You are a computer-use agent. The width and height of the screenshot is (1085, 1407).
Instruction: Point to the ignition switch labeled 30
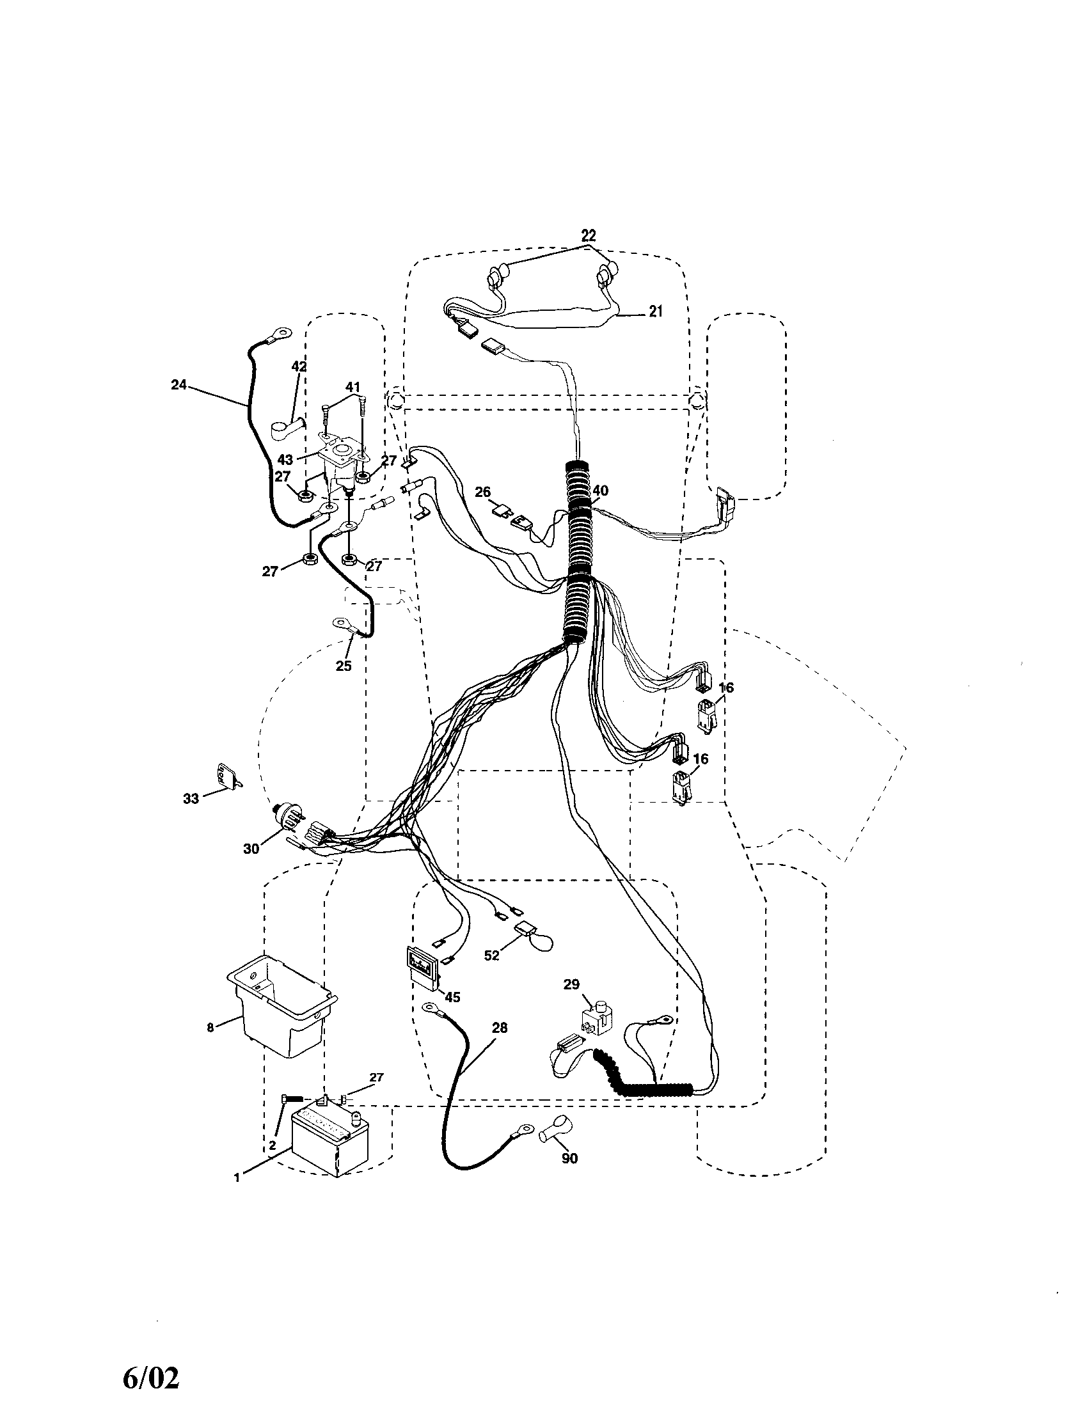click(290, 819)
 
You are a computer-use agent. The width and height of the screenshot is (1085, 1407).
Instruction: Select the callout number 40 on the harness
click(599, 491)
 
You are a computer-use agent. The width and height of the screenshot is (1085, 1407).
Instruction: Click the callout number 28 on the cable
click(500, 1028)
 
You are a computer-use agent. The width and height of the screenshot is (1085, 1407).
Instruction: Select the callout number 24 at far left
click(178, 384)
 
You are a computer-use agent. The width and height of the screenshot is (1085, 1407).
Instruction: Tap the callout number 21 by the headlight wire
click(655, 311)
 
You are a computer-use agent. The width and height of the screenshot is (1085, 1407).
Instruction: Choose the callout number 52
click(491, 973)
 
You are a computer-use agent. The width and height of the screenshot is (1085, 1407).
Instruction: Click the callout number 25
click(344, 666)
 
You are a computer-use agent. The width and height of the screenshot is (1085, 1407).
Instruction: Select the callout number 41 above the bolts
click(352, 387)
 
